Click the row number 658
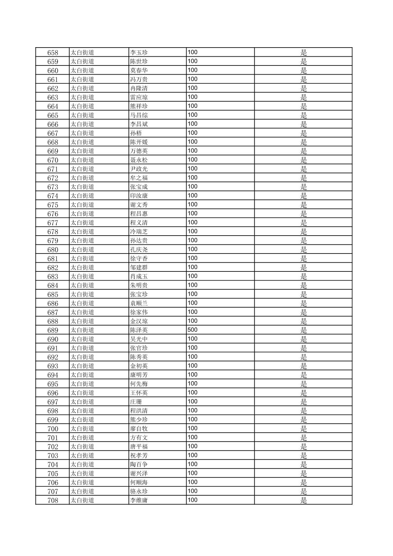tap(53, 53)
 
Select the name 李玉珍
tap(139, 53)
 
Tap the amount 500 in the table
tap(192, 330)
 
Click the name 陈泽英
tap(139, 330)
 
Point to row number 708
tap(53, 500)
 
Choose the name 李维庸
tap(139, 500)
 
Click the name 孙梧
tap(136, 133)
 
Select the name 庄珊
tap(136, 402)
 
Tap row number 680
tap(53, 250)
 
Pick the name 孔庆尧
tap(139, 250)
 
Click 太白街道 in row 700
tap(82, 429)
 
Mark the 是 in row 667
tap(303, 133)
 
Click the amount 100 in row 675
tap(192, 204)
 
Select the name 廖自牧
tap(139, 429)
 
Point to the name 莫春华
tap(139, 71)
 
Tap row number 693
tap(53, 366)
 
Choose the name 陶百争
tap(139, 465)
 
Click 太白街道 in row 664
tap(82, 106)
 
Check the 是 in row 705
tap(303, 474)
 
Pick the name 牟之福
tap(139, 178)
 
